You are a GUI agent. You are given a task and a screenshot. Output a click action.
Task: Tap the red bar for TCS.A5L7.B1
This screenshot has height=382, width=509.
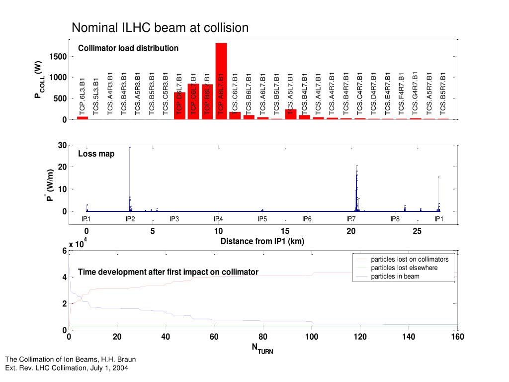point(291,114)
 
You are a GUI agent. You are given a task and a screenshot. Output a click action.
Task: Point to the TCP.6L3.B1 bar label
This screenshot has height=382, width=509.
point(83,97)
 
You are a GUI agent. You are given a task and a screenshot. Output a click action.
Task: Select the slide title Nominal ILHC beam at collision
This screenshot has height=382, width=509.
point(160,27)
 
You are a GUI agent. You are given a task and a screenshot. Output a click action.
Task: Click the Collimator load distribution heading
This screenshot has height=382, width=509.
point(128,48)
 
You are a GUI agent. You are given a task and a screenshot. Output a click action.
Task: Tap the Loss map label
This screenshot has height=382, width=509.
point(96,154)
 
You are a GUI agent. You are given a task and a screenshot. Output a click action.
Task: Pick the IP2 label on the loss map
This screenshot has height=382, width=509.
point(130,219)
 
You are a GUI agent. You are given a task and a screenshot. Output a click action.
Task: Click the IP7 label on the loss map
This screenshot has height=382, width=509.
point(351,219)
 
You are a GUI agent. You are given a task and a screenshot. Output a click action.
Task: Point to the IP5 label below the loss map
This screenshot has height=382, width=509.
point(262,219)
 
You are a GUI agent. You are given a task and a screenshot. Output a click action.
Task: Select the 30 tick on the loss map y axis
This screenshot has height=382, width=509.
point(62,145)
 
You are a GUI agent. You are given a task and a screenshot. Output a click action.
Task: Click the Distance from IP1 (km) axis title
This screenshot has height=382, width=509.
point(262,241)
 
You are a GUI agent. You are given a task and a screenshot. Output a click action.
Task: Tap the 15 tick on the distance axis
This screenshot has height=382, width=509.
point(285,231)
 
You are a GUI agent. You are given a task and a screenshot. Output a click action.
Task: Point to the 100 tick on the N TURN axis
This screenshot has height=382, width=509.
point(312,337)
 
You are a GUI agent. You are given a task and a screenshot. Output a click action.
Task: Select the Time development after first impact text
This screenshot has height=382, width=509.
point(168,272)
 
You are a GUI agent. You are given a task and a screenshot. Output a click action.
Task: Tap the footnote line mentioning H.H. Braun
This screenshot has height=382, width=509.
point(70,359)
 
